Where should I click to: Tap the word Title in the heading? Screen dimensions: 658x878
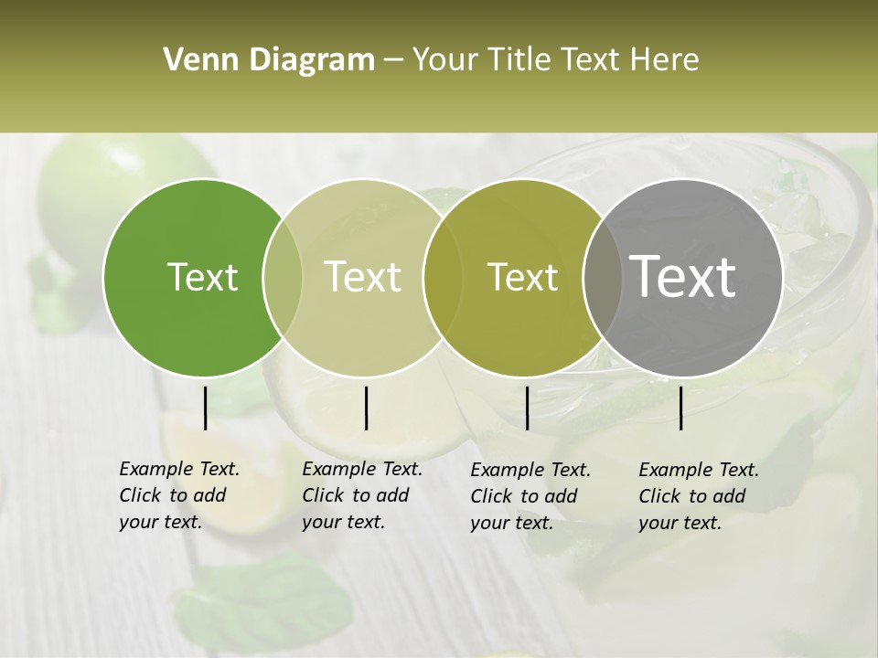(520, 59)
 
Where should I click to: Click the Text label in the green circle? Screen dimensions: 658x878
(202, 277)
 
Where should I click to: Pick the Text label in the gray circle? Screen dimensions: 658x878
(683, 276)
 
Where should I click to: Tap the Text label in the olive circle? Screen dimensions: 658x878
(522, 277)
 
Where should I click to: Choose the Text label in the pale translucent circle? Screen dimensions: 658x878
(362, 277)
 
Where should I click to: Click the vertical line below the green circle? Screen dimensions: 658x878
(205, 408)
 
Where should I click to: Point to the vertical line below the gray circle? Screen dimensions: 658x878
(681, 408)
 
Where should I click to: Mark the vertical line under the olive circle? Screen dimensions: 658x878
(528, 408)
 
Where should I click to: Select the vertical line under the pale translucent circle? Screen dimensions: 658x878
(366, 408)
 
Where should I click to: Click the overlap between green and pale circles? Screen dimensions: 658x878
(283, 277)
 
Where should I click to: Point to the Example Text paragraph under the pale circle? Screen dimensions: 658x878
(362, 495)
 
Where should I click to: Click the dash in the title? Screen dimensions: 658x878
(393, 61)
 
